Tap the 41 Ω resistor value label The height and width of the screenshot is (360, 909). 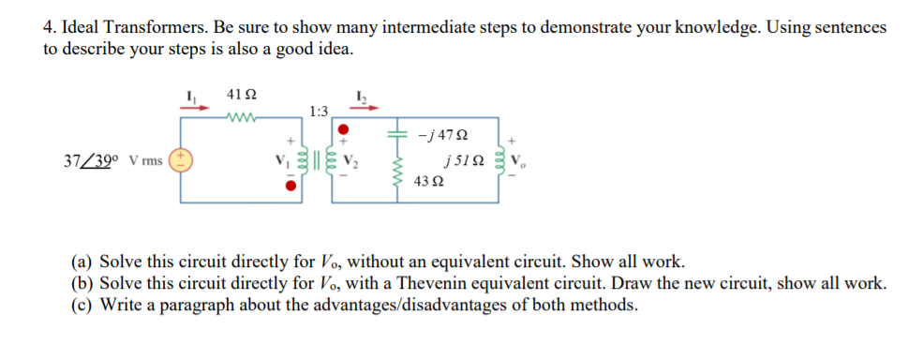[242, 96]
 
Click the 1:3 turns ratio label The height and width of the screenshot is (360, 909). [318, 112]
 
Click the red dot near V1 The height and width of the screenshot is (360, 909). [292, 185]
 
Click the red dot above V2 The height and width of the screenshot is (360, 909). [344, 128]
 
